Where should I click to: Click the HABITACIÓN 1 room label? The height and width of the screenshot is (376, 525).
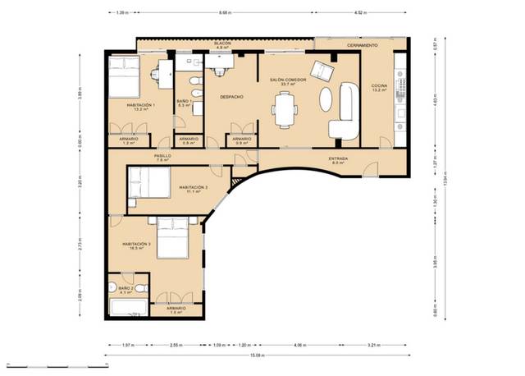pyautogui.click(x=140, y=106)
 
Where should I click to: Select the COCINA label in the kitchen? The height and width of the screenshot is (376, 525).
pyautogui.click(x=379, y=87)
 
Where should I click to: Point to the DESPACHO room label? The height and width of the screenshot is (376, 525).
pyautogui.click(x=231, y=96)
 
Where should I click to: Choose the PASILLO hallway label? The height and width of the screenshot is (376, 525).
pyautogui.click(x=162, y=156)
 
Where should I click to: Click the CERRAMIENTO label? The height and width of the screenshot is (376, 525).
pyautogui.click(x=362, y=44)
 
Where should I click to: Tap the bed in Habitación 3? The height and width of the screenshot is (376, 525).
pyautogui.click(x=174, y=237)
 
